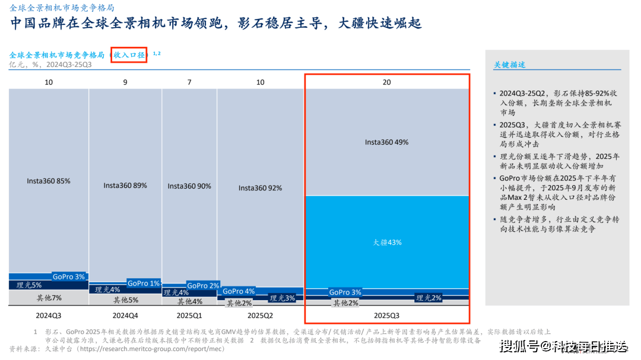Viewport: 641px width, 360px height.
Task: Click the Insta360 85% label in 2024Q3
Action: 49,181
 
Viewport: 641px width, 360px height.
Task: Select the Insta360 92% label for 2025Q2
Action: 261,188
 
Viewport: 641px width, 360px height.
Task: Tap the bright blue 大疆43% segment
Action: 387,242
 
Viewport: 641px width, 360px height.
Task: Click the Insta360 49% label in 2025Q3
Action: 387,142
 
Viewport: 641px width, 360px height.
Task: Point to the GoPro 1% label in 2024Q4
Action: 144,283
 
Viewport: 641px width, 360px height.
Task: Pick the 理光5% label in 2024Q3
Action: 29,285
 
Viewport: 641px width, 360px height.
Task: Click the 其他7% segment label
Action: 49,298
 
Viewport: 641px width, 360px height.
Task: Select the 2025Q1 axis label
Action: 189,316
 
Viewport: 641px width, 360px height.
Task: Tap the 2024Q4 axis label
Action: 125,316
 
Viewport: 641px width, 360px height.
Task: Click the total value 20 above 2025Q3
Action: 387,82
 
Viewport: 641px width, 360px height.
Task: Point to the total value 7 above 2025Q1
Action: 189,82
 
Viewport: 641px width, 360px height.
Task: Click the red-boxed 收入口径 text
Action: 129,55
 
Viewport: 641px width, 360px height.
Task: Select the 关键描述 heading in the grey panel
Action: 509,65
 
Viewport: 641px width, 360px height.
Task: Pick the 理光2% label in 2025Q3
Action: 429,298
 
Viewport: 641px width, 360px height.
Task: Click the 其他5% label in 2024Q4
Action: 125,300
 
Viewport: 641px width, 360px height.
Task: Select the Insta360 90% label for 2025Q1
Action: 189,186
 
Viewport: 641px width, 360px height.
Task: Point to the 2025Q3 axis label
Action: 387,316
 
